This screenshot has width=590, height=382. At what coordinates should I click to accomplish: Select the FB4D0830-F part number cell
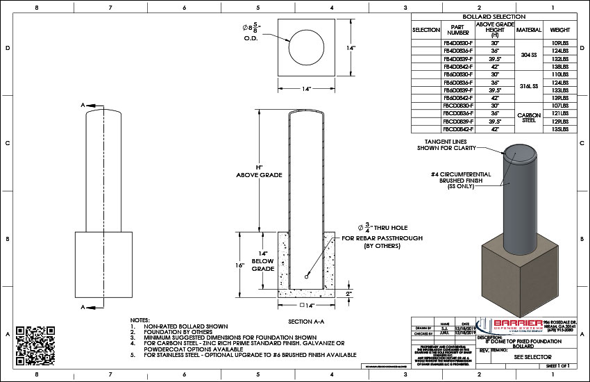(457, 43)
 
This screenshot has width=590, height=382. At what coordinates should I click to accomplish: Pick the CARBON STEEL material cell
(528, 117)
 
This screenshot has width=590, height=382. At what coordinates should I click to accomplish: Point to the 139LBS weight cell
(560, 98)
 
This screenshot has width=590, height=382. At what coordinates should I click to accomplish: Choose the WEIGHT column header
(560, 30)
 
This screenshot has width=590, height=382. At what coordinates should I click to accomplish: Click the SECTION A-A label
(307, 322)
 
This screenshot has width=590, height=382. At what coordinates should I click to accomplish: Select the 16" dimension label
(258, 266)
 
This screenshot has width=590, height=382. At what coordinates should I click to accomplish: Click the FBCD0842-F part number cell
(457, 129)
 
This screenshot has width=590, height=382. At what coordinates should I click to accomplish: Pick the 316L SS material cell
(528, 86)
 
